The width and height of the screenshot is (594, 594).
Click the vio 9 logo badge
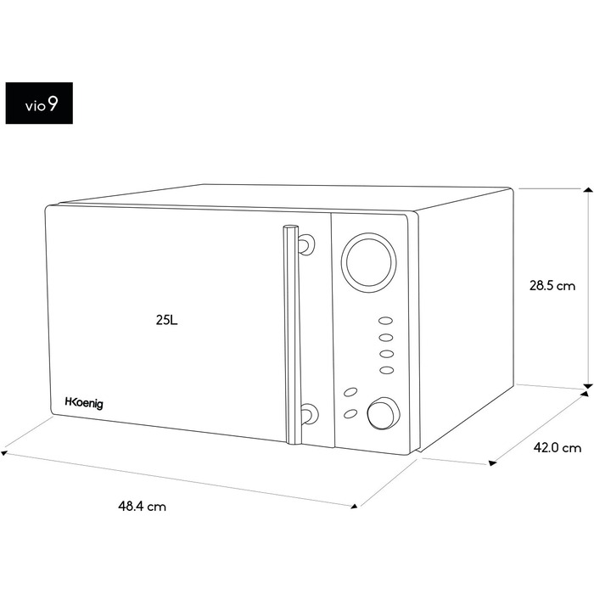39,103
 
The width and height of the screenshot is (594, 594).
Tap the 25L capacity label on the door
166,321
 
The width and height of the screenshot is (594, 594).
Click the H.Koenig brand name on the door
84,403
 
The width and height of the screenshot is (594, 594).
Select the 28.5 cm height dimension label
552,286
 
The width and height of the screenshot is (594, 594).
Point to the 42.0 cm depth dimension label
558,448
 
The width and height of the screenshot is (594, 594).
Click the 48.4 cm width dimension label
142,506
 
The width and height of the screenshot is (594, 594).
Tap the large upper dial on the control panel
368,262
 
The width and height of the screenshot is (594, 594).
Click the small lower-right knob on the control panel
384,414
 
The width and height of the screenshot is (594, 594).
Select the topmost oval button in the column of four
385,321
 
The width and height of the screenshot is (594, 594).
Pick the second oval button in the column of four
386,337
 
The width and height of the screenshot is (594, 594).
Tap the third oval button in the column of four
386,354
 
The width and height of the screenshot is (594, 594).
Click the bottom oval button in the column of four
386,370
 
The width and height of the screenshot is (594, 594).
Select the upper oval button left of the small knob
350,392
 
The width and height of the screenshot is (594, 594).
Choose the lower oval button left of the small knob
350,414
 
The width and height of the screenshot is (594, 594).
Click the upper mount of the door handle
306,244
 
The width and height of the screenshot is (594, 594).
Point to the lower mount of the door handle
308,414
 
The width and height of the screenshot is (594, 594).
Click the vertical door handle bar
292,334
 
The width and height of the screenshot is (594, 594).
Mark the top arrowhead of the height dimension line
588,190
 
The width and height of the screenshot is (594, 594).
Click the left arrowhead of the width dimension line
4,452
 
